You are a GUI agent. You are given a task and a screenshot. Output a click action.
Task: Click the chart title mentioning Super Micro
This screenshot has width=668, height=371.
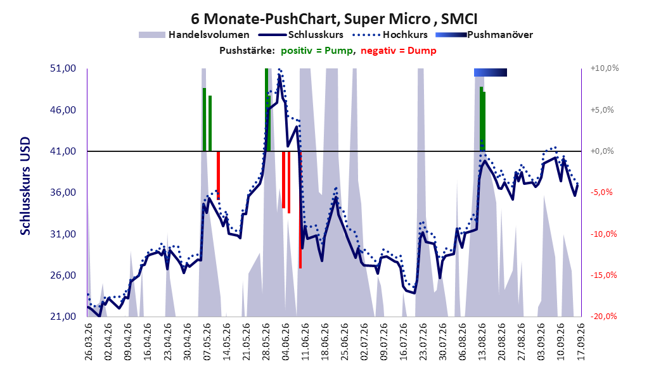pos(334,19)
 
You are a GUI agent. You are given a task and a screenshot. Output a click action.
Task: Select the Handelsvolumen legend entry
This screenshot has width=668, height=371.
pos(195,35)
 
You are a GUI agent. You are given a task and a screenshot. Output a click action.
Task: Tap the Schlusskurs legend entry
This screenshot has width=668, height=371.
pos(301,35)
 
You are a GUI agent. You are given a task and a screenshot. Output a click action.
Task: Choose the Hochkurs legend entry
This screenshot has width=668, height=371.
pos(390,35)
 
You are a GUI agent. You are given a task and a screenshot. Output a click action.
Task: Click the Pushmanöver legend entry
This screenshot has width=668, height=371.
pos(484,35)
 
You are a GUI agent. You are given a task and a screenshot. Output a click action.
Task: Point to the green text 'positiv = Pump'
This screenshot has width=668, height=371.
pos(316,51)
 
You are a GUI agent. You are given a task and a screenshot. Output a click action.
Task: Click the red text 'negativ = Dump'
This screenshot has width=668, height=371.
pos(399,51)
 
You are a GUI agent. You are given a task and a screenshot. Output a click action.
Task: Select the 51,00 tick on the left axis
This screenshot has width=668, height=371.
pos(63,68)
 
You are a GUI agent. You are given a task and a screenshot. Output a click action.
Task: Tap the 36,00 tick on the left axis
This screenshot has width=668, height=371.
pos(63,192)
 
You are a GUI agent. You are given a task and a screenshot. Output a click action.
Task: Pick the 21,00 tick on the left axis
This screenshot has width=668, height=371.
pos(63,316)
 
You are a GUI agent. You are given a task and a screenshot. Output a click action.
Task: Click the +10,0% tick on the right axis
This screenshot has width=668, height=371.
pos(605,68)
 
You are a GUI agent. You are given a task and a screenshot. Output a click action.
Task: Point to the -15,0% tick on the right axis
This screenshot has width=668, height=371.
pos(603,275)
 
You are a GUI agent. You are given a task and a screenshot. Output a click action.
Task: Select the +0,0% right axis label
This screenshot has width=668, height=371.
pos(602,151)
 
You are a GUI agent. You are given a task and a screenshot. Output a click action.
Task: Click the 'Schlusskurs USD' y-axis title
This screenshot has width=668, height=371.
pos(25,186)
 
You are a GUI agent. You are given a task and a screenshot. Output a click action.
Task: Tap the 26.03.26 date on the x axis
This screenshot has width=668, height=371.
pos(88,341)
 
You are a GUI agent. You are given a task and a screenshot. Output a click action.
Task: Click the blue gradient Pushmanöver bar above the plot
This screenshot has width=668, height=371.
pos(491,72)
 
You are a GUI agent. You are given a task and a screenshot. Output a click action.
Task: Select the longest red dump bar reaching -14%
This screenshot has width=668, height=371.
pos(300,210)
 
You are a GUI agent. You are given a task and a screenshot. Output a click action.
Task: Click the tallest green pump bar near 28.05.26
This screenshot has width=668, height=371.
pos(266,110)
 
